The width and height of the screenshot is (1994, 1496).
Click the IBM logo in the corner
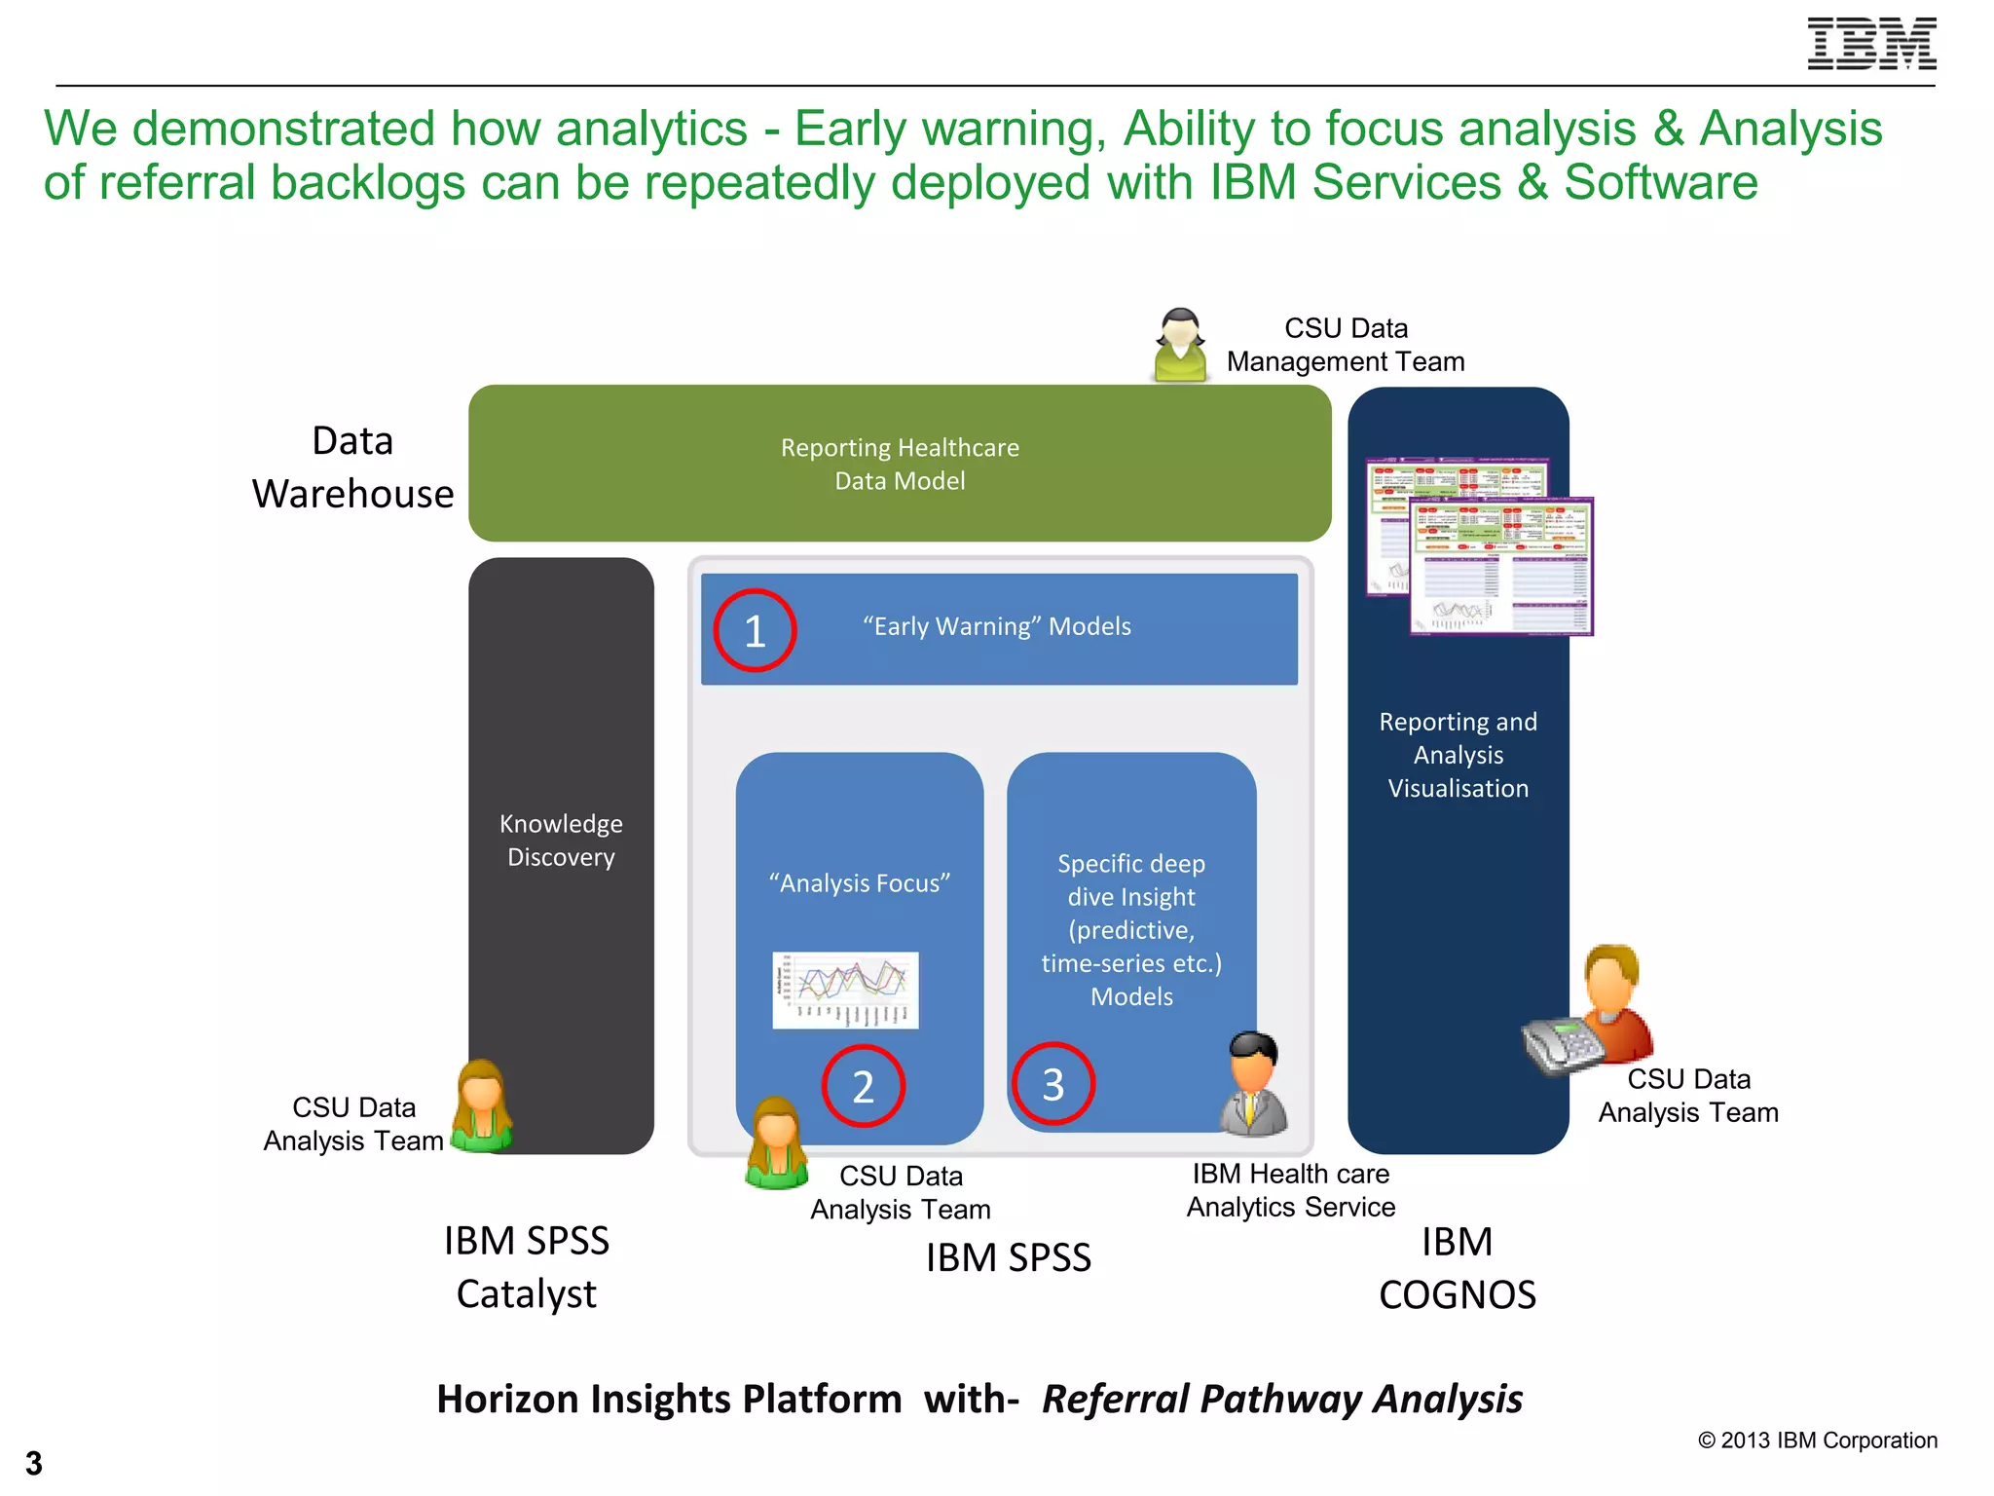click(x=1870, y=44)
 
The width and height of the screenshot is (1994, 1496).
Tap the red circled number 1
click(x=755, y=631)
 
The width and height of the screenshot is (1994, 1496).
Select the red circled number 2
click(x=863, y=1085)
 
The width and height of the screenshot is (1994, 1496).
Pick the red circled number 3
click(x=1052, y=1083)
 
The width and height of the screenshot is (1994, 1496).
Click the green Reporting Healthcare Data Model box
click(x=900, y=464)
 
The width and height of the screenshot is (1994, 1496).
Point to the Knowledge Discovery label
click(x=561, y=840)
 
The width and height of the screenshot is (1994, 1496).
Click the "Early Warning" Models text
click(x=997, y=626)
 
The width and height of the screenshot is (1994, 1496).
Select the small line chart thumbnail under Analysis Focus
click(x=845, y=990)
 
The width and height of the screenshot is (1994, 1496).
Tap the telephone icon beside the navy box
click(x=1561, y=1045)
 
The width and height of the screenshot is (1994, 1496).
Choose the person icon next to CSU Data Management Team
click(x=1180, y=345)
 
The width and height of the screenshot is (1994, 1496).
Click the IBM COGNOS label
click(x=1457, y=1268)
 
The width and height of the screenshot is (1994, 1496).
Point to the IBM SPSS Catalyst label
click(x=527, y=1267)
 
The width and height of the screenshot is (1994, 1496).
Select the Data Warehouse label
click(x=352, y=467)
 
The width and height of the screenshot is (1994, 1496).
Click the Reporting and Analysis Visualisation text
click(x=1458, y=755)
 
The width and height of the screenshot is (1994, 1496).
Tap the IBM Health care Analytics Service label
click(x=1290, y=1190)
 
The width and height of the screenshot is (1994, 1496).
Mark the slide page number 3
click(x=34, y=1463)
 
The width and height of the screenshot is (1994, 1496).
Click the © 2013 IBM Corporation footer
click(x=1817, y=1440)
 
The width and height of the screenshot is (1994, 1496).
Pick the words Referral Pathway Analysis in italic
click(x=1281, y=1399)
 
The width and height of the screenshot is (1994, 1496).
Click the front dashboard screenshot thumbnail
click(x=1500, y=568)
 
